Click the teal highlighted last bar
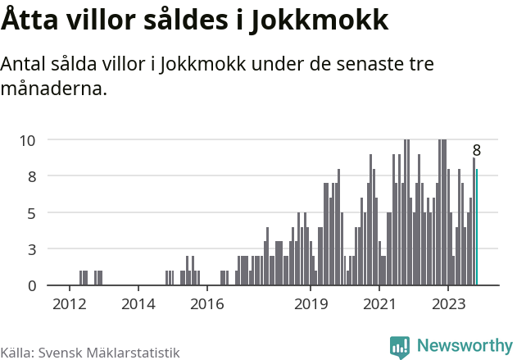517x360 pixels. pos(477,227)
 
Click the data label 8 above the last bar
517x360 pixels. pos(476,151)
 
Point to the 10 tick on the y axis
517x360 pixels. pos(27,140)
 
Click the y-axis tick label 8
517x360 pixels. pos(31,176)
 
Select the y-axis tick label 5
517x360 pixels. pos(31,213)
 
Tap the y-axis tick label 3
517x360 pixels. pos(31,249)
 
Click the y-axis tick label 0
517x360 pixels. pos(31,285)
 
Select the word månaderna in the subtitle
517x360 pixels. pos(54,88)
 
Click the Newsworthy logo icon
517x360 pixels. pos(400,347)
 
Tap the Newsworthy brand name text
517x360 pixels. pos(464,346)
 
